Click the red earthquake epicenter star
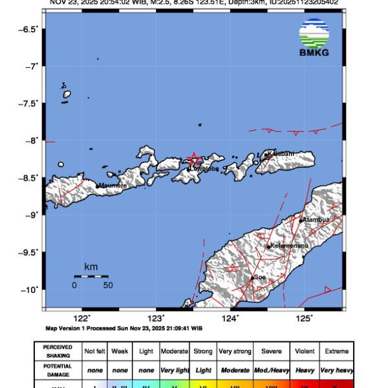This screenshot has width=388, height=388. pyautogui.click(x=193, y=159)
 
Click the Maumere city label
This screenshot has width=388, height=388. pyautogui.click(x=113, y=186)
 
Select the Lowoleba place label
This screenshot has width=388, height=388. pyautogui.click(x=204, y=169)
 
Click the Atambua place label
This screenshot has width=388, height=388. pyautogui.click(x=316, y=220)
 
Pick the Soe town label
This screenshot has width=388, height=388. pyautogui.click(x=260, y=277)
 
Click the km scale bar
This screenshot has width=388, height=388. pyautogui.click(x=91, y=277)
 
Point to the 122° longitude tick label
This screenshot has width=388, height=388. pyautogui.click(x=81, y=318)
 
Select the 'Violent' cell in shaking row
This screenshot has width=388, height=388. pyautogui.click(x=304, y=351)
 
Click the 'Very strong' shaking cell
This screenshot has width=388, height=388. pyautogui.click(x=235, y=351)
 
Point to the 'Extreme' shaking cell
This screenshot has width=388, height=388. pyautogui.click(x=336, y=351)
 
